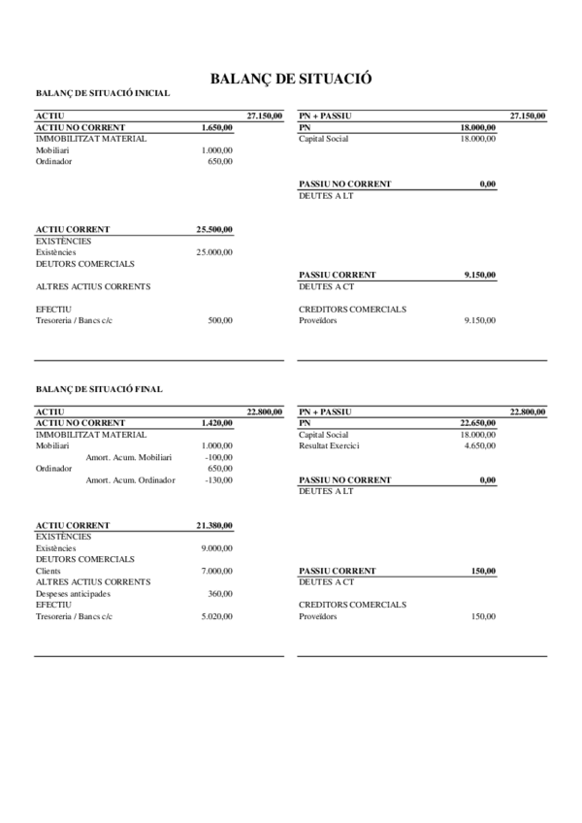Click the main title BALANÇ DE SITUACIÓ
tap(291, 79)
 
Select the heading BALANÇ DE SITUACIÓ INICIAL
tap(103, 93)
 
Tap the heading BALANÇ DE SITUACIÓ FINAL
tap(99, 388)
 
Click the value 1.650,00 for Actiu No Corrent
tap(217, 127)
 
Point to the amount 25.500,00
tap(214, 230)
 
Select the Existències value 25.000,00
tap(214, 252)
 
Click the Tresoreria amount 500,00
tap(220, 320)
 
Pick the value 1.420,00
tap(217, 423)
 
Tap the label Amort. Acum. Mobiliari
tap(129, 457)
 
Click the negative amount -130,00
tap(219, 480)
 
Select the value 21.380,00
tap(214, 525)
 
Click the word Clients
tap(48, 571)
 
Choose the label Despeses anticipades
tap(73, 593)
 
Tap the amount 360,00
tap(220, 593)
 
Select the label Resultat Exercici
tap(329, 445)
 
